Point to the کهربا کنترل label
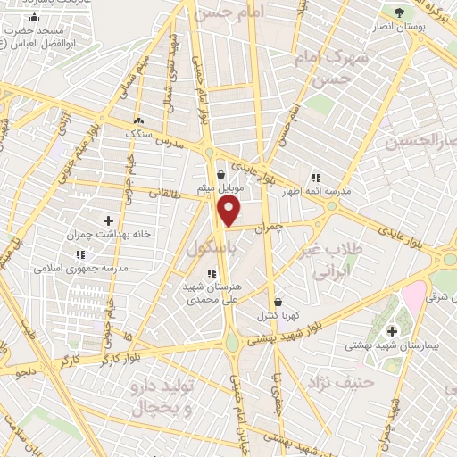tap(278, 316)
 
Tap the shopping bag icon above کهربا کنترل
tap(278, 302)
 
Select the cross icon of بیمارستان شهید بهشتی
tap(391, 331)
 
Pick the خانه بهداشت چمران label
tap(108, 235)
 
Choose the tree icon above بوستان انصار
tap(398, 12)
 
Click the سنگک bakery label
tap(138, 133)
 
